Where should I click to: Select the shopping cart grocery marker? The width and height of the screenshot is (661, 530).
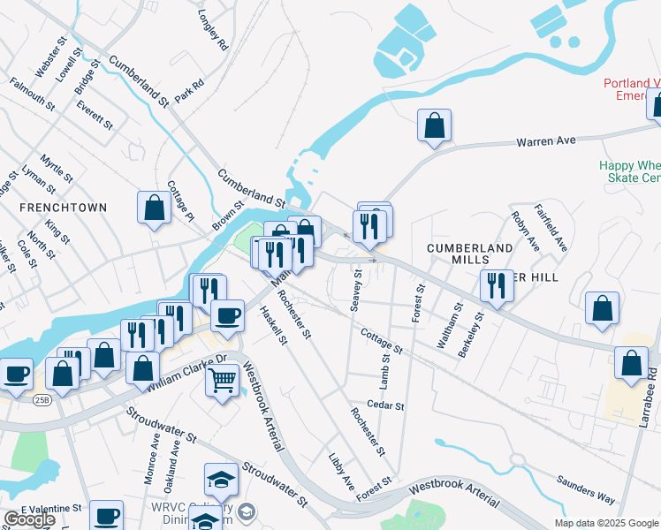[x=222, y=382]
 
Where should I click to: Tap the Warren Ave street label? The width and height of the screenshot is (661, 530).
[x=545, y=140]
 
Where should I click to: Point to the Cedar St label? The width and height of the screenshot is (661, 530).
[x=386, y=406]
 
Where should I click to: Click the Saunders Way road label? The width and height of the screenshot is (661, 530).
[x=585, y=490]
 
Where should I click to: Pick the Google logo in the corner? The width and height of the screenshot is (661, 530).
[x=29, y=519]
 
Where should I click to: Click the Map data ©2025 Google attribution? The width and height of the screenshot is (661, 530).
[x=606, y=523]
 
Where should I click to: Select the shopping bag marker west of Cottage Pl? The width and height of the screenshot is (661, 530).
[x=154, y=208]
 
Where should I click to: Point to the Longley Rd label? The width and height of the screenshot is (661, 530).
[x=214, y=29]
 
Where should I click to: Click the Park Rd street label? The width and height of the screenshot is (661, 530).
[x=189, y=91]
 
